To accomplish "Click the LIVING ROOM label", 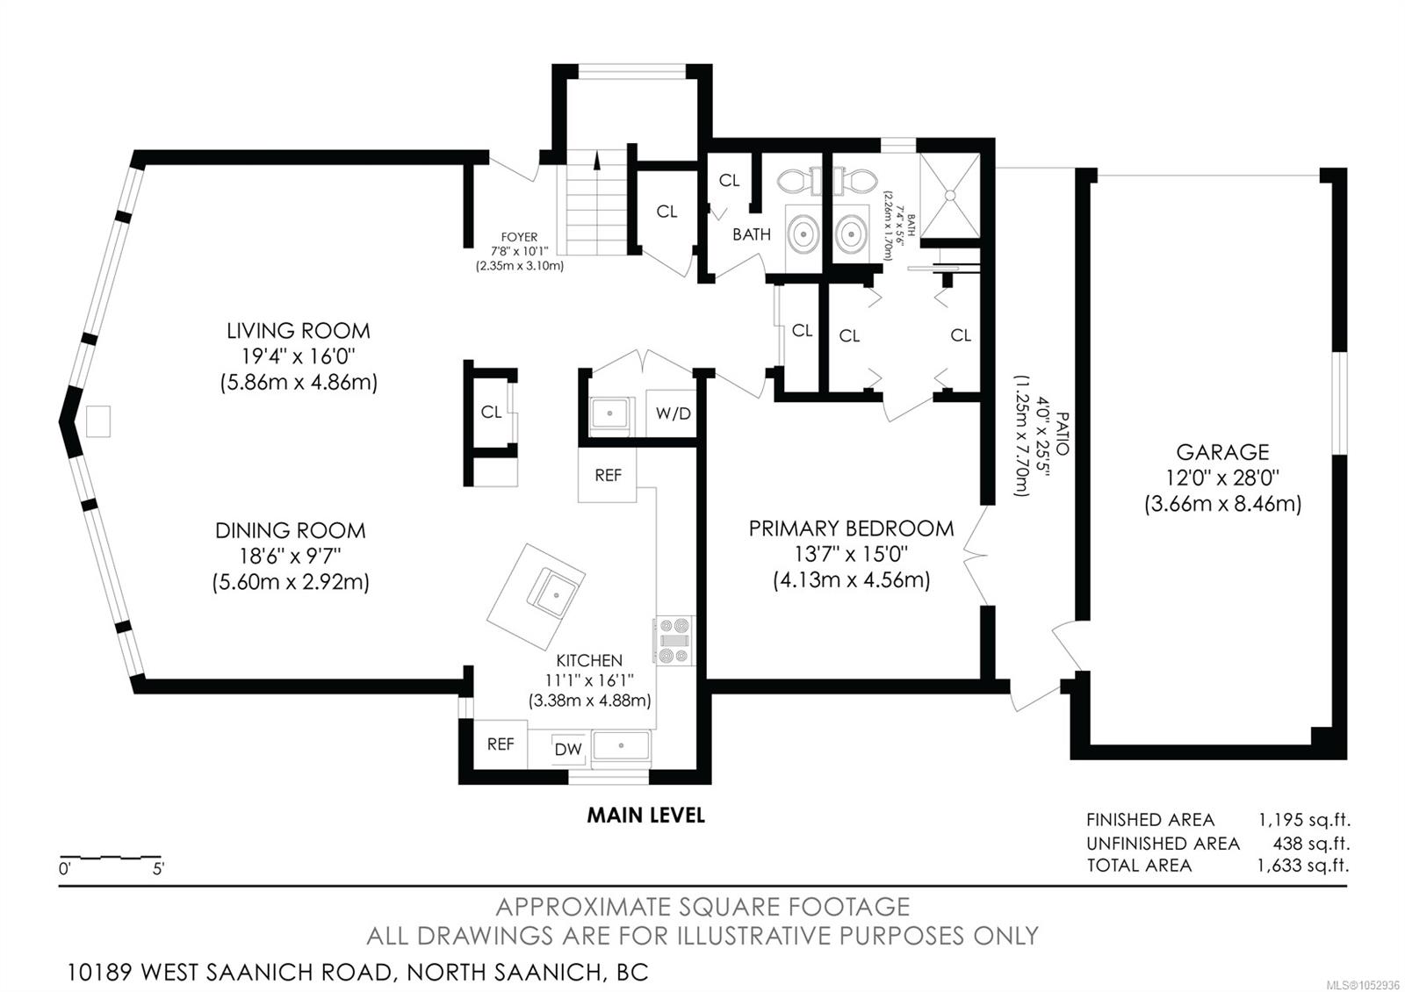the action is tap(298, 330).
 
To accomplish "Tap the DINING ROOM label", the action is tap(290, 530).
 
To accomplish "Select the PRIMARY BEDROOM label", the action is tap(851, 528).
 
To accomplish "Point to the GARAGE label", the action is tap(1222, 452).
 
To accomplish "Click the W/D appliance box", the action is tap(671, 413).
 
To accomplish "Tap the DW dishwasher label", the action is tap(568, 749).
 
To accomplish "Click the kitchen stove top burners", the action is tap(675, 640).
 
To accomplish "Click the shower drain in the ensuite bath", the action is tap(949, 196).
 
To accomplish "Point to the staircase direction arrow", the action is tap(596, 161).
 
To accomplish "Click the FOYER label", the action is tap(519, 237).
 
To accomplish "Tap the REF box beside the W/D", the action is tap(607, 475).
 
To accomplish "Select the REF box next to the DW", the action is tap(500, 744).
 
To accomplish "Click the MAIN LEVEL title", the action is tap(645, 816).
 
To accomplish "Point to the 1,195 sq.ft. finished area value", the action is tap(1304, 820).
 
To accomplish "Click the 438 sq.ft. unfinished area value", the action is tap(1311, 843).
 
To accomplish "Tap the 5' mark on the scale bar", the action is tap(158, 869).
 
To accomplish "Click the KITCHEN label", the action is tap(589, 660).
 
